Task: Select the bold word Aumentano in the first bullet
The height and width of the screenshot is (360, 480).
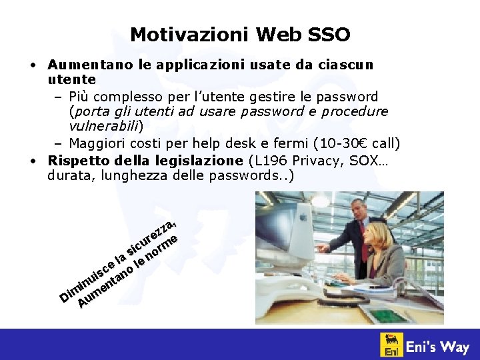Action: (x=89, y=65)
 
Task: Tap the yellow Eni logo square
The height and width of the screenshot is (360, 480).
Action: (x=391, y=345)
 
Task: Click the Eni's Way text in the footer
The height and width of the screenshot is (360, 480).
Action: (x=439, y=346)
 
